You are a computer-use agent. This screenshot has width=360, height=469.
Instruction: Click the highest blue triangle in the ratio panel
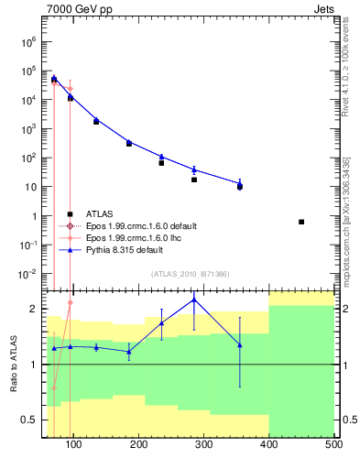194,300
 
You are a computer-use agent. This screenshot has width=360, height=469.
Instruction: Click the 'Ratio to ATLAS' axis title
14,364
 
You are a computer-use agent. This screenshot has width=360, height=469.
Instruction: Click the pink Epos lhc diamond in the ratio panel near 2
71,301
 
